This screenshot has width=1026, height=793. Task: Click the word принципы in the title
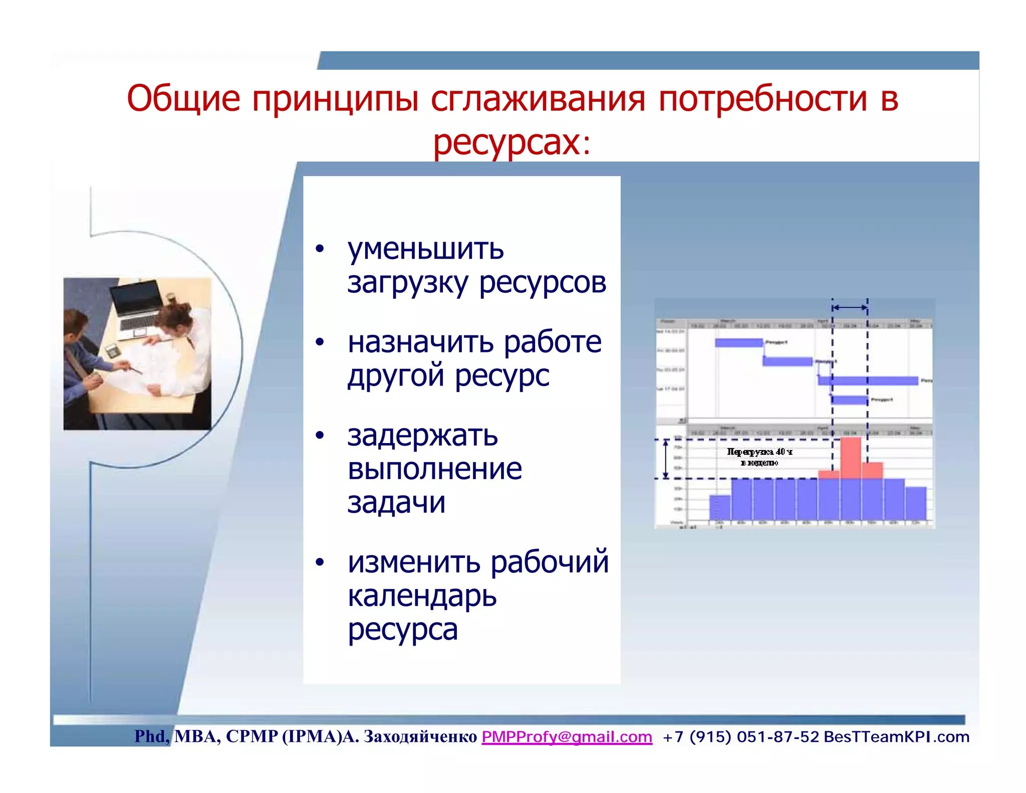tap(335, 99)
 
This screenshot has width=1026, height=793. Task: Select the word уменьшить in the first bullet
tap(425, 249)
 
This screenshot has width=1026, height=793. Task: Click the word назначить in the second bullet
tap(421, 342)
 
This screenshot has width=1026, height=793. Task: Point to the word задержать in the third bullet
tap(422, 436)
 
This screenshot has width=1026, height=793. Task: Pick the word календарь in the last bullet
tap(422, 596)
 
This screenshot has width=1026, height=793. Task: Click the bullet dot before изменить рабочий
tap(320, 562)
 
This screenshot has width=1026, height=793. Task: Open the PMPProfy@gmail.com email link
tap(567, 736)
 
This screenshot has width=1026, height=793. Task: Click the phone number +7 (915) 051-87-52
tap(740, 736)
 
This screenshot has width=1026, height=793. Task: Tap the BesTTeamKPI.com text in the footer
tap(896, 736)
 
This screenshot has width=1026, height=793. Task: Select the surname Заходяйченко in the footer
tap(420, 736)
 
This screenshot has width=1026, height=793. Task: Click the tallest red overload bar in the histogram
tap(851, 457)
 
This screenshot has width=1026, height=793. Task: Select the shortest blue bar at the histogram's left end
tap(720, 507)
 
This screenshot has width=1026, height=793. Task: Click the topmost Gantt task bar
tap(738, 343)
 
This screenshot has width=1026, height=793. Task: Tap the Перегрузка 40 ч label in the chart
tap(759, 452)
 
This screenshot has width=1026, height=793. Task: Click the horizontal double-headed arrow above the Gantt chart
tap(850, 307)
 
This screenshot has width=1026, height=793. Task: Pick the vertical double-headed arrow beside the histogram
tap(666, 459)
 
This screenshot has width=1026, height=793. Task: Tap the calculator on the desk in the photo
tap(112, 350)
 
